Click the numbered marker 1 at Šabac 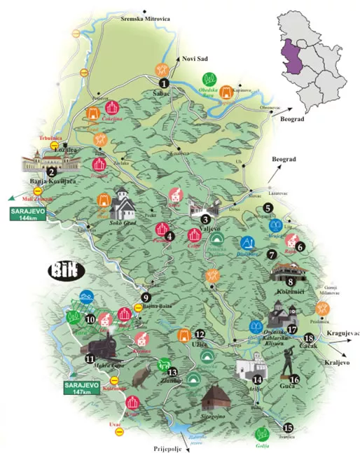(x=163, y=83)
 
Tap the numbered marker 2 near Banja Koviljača (x=50, y=172)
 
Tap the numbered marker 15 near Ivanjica (x=288, y=427)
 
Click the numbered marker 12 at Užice (x=200, y=335)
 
